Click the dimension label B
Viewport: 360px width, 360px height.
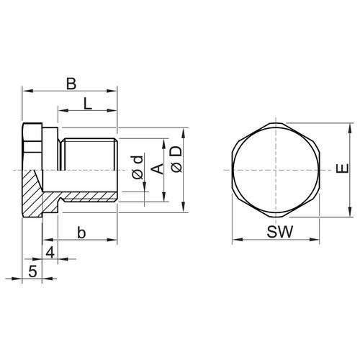(71, 84)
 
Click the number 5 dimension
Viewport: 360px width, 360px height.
(32, 271)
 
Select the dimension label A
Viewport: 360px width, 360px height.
(158, 168)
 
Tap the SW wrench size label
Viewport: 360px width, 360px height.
(275, 232)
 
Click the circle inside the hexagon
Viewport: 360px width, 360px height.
(275, 170)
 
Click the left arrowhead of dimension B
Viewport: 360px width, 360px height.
(25, 91)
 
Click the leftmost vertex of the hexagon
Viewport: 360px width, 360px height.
(231, 170)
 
